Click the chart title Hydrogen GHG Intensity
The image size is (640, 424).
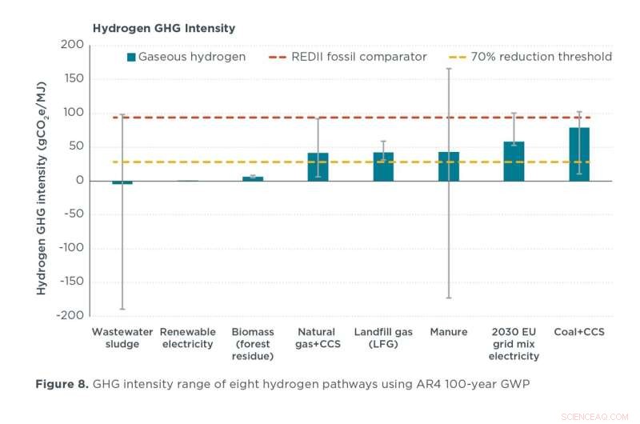(x=164, y=28)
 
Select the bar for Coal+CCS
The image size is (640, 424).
(x=579, y=154)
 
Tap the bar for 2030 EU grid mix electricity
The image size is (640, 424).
(x=514, y=161)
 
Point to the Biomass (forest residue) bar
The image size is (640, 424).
(x=253, y=178)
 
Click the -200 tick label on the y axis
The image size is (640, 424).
(x=70, y=315)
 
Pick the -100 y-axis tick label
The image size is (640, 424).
(x=70, y=248)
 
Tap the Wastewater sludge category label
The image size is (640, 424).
(x=122, y=338)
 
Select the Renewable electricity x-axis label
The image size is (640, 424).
(x=187, y=338)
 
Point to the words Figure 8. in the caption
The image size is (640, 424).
(x=62, y=384)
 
